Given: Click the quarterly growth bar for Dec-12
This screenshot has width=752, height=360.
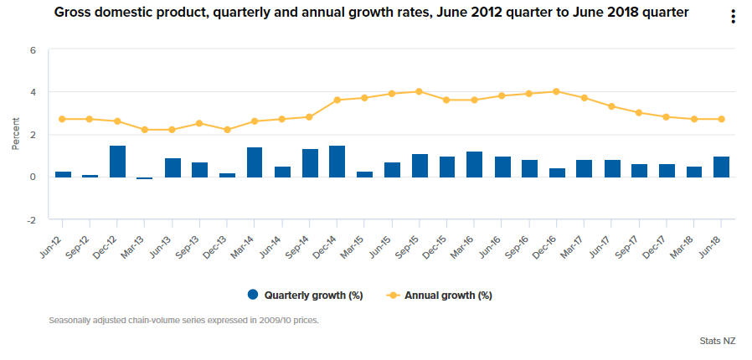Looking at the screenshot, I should (117, 162).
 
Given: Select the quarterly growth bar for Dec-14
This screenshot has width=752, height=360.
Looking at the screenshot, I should (337, 162).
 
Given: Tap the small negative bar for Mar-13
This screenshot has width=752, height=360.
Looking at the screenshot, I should (145, 177).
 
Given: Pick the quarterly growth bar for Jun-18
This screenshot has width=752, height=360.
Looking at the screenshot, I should (721, 167).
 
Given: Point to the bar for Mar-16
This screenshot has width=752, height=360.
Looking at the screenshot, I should (474, 164).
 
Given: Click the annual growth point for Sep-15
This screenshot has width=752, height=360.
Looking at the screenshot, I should (419, 92).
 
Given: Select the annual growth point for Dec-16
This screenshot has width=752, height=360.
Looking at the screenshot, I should (556, 92).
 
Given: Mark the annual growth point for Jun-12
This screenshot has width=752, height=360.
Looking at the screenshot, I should (62, 119).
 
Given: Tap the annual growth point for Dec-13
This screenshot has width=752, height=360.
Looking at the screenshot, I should (227, 130).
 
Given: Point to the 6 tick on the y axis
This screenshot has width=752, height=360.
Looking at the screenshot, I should (33, 50).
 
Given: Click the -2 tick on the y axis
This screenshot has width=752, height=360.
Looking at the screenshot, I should (32, 220).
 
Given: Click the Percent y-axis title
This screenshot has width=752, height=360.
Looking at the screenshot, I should (15, 134).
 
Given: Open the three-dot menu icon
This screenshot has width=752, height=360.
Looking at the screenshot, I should (733, 17).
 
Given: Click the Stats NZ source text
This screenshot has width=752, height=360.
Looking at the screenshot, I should (717, 341).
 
